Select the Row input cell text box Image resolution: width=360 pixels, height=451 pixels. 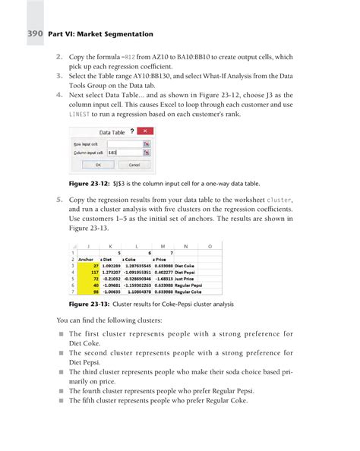125,143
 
